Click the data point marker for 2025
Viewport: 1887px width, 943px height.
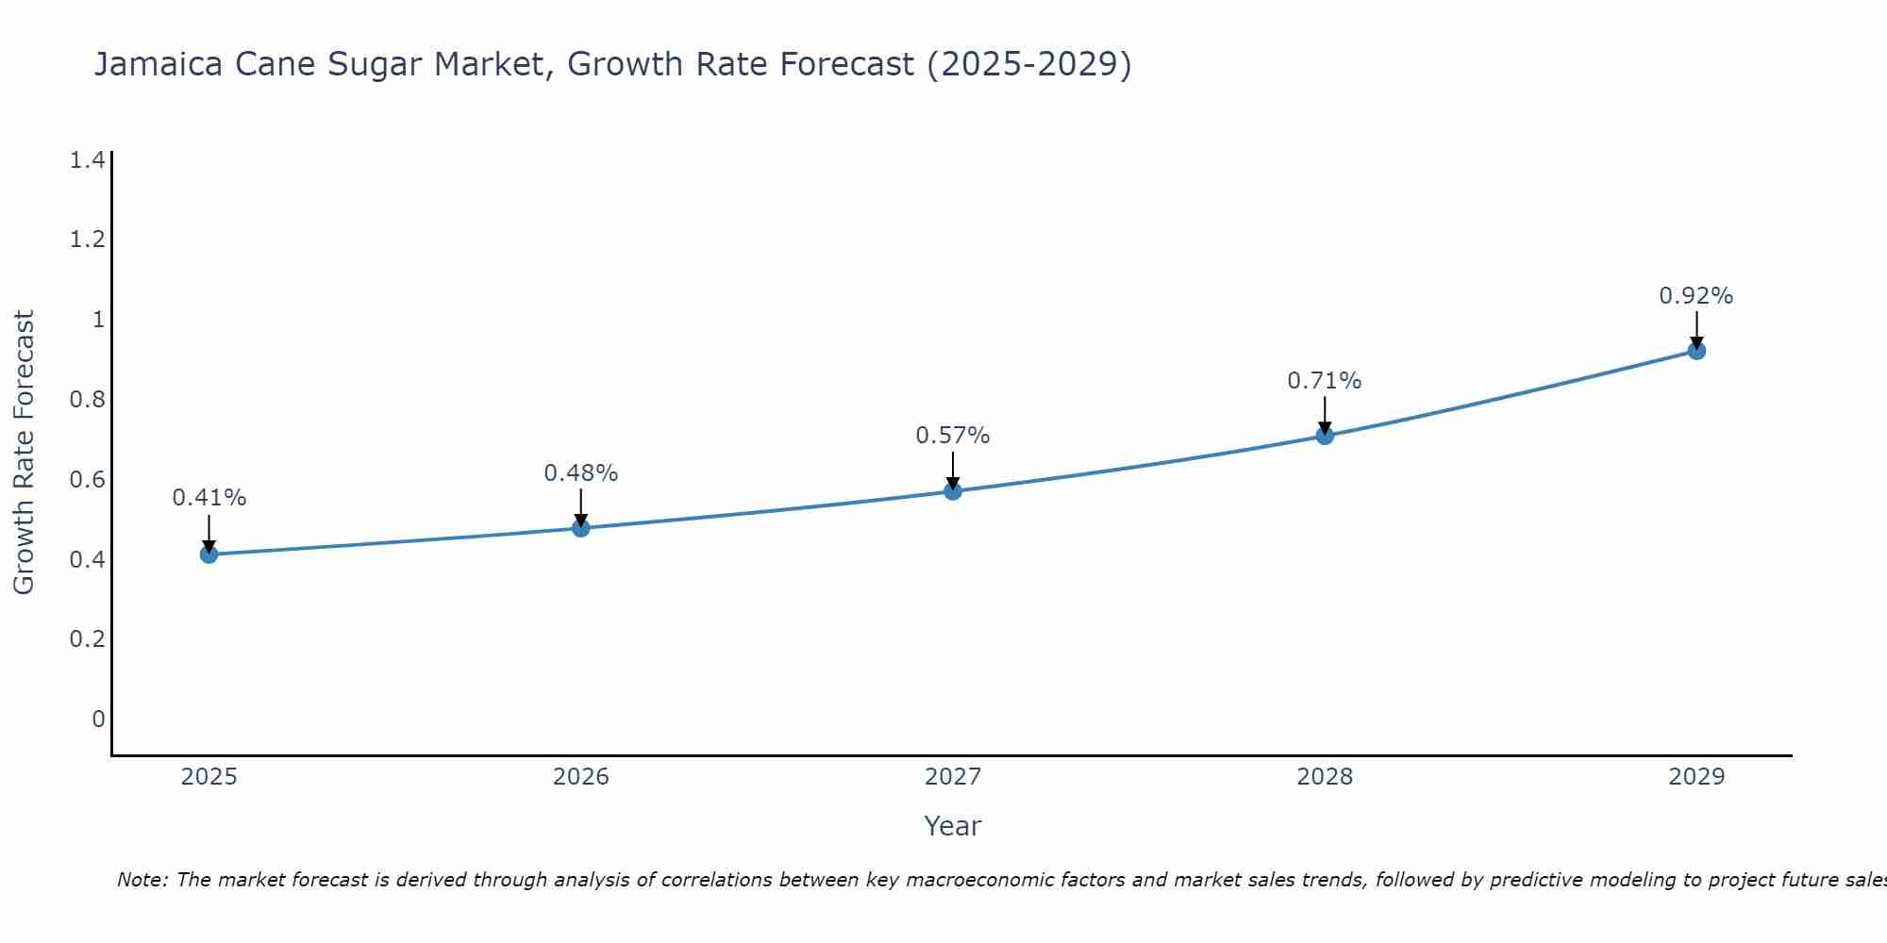click(209, 554)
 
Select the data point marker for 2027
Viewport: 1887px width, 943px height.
click(953, 491)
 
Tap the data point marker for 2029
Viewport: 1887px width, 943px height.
click(1696, 351)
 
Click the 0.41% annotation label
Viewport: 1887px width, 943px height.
click(209, 498)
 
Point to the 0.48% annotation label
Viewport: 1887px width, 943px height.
click(581, 473)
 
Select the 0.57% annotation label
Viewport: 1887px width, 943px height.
click(953, 436)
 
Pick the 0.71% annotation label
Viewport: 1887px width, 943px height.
click(1325, 381)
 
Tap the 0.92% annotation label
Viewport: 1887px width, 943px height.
click(1696, 296)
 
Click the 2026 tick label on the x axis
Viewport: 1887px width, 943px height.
click(581, 777)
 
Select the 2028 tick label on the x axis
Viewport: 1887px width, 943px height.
click(1325, 777)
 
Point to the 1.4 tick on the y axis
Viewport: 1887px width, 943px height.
click(87, 160)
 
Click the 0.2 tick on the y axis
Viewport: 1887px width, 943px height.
click(87, 639)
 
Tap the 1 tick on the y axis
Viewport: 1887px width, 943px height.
click(98, 320)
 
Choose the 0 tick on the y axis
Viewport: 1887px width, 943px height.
click(98, 720)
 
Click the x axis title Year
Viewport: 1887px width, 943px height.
click(953, 826)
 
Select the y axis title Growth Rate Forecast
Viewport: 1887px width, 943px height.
click(24, 453)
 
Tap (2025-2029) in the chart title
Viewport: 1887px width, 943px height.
click(1029, 64)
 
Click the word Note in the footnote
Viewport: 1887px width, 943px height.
click(142, 880)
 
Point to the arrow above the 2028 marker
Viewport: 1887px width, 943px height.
click(1325, 415)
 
